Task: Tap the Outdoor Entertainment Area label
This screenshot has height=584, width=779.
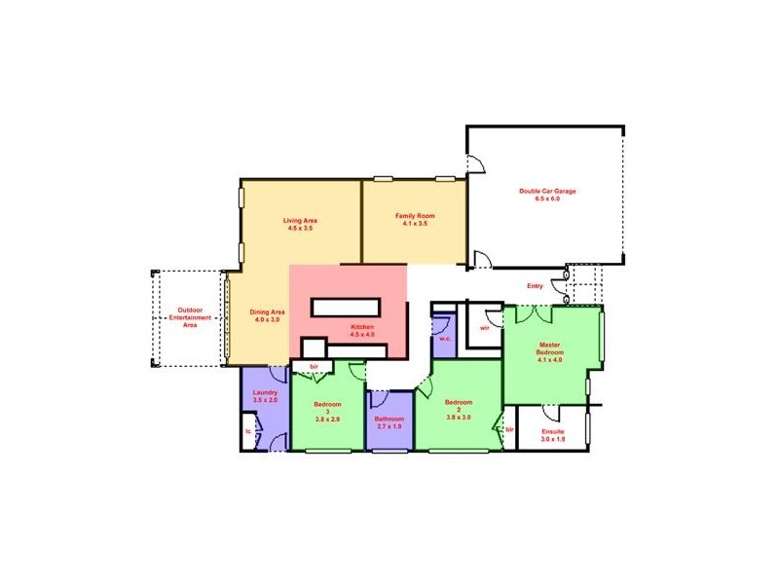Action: pyautogui.click(x=190, y=317)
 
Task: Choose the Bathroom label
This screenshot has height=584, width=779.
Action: pyautogui.click(x=389, y=420)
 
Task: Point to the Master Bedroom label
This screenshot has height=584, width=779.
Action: pyautogui.click(x=550, y=347)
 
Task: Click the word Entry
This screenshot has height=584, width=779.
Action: pyautogui.click(x=535, y=286)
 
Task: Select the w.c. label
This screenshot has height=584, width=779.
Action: pyautogui.click(x=443, y=338)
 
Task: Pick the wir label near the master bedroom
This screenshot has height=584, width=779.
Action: pyautogui.click(x=484, y=328)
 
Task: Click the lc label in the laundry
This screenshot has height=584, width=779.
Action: pyautogui.click(x=248, y=428)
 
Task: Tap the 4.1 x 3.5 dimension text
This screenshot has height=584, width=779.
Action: pyautogui.click(x=414, y=223)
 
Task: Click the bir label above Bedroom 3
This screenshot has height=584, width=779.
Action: pyautogui.click(x=315, y=367)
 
